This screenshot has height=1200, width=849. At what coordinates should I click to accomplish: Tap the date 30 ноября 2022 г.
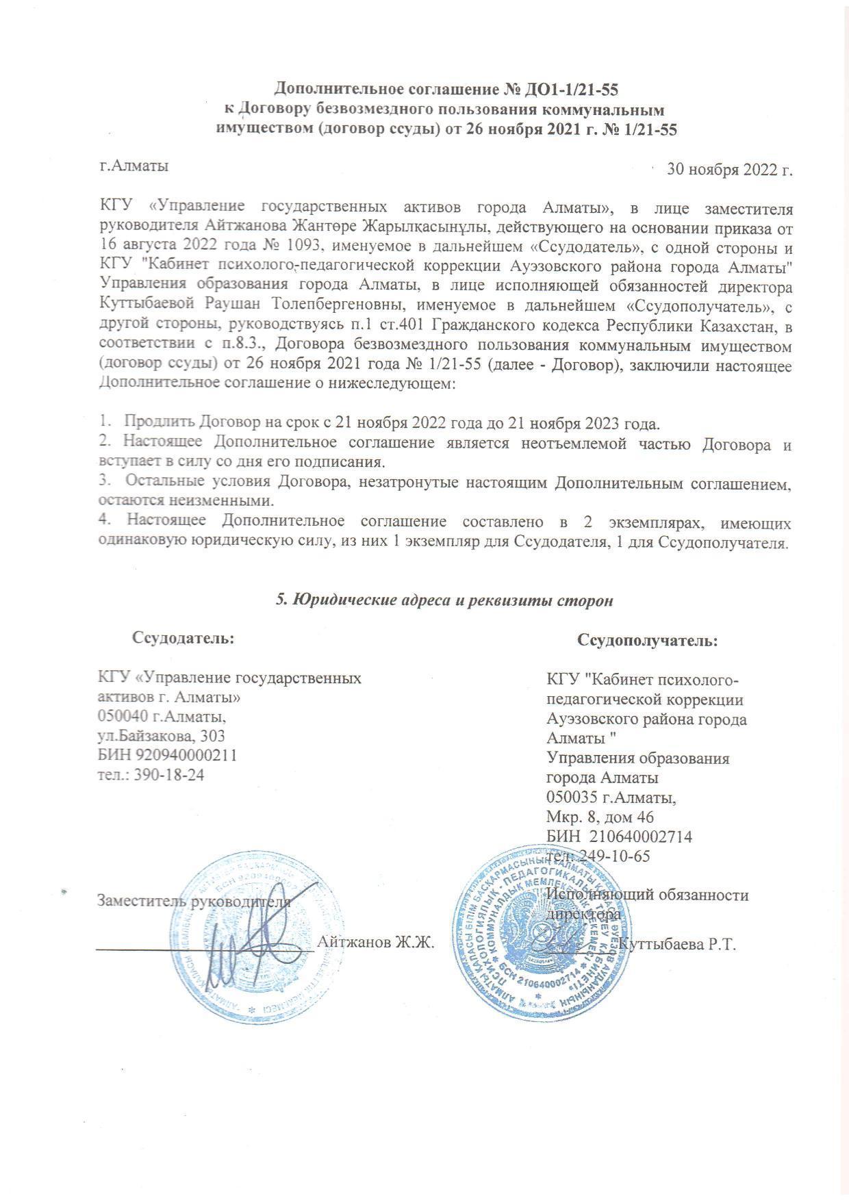(x=729, y=169)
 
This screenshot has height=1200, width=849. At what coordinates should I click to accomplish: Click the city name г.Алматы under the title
(x=134, y=165)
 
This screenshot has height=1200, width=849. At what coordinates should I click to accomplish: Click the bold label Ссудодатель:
(x=183, y=639)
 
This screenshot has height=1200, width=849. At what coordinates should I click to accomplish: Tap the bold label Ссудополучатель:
(x=647, y=641)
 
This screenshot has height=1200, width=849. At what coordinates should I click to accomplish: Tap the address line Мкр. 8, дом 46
(x=600, y=817)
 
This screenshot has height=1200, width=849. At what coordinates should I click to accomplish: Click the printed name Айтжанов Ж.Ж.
(x=377, y=942)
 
